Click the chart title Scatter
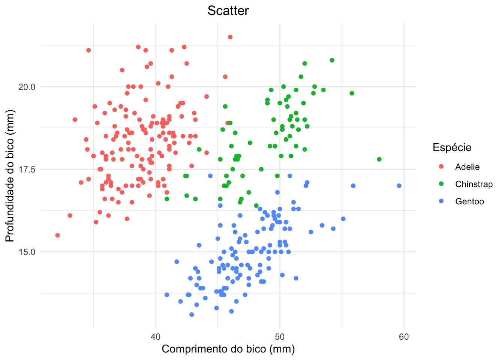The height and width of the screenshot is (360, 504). point(228,10)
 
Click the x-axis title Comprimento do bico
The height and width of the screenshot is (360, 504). point(228,349)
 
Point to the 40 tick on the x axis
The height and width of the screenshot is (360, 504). point(155,337)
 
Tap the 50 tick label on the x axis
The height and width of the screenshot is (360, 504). point(279,337)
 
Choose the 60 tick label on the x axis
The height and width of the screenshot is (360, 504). point(404,337)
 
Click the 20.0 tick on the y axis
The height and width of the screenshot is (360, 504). point(27,87)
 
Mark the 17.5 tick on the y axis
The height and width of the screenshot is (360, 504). point(27,169)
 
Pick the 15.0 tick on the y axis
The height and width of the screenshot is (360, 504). point(27,252)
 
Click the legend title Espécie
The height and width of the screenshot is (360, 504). point(452,147)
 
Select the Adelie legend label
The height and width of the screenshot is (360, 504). point(467,167)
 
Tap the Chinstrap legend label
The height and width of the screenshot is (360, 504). point(474,184)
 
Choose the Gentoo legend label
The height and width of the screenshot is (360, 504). point(469,201)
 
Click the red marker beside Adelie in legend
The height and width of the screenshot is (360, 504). point(441,166)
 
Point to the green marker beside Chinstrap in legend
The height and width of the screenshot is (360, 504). point(441,184)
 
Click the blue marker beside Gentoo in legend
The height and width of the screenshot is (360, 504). point(441,201)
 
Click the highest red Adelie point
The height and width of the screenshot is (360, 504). point(230,37)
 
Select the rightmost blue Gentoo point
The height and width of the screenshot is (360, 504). point(399,186)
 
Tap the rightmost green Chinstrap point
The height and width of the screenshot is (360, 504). point(379,159)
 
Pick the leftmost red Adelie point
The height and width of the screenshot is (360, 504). point(57,235)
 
